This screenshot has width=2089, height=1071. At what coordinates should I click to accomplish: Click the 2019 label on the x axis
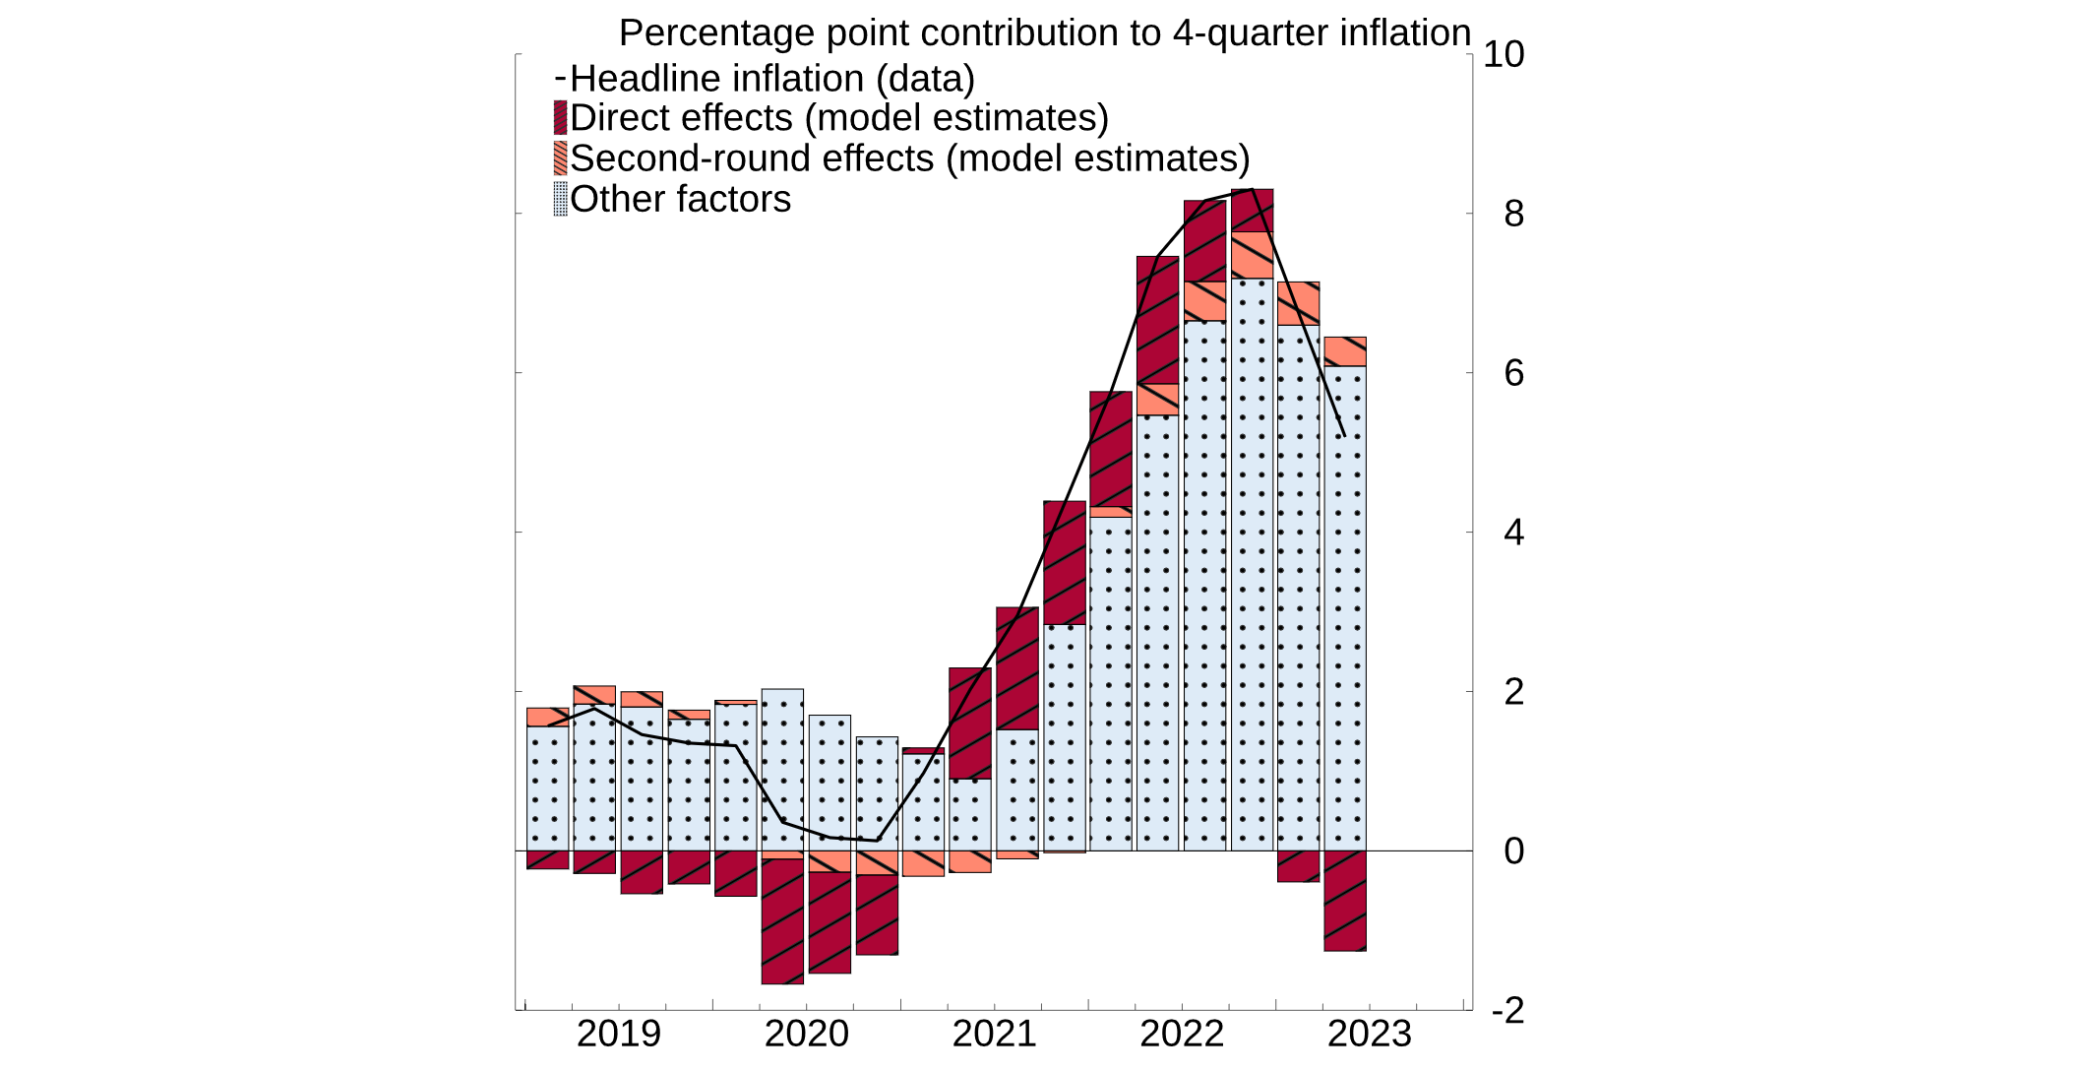tap(618, 1034)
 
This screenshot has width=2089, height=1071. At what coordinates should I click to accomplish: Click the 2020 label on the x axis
tap(806, 1034)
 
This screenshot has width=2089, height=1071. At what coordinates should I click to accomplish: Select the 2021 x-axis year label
tap(994, 1034)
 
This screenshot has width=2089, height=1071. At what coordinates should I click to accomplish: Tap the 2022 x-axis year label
tap(1182, 1034)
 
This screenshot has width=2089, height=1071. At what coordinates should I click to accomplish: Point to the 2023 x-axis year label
tap(1369, 1034)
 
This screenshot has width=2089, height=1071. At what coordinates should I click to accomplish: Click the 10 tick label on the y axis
tap(1503, 54)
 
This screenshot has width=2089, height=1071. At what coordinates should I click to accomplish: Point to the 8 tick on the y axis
tap(1513, 214)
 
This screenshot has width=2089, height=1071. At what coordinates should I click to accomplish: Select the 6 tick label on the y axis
tap(1513, 373)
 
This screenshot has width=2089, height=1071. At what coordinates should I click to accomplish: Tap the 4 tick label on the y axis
tap(1513, 533)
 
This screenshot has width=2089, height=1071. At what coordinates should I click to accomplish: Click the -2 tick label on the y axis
tap(1507, 1010)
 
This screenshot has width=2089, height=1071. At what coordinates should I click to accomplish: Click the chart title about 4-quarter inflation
tap(1044, 32)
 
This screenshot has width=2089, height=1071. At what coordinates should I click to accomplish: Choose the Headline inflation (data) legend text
tap(772, 79)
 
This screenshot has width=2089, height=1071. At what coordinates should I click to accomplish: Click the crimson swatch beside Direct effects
tap(561, 118)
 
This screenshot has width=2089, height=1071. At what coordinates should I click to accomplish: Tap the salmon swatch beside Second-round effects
tap(561, 158)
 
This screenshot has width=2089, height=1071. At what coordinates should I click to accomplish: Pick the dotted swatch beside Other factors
tap(561, 199)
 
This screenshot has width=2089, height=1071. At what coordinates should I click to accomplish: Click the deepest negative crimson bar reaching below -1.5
tap(782, 921)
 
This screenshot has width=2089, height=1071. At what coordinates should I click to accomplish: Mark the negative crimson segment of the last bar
tap(1345, 901)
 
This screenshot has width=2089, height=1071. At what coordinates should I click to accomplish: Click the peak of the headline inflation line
tap(1252, 189)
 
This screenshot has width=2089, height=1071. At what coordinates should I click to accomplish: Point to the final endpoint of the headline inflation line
tap(1344, 435)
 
